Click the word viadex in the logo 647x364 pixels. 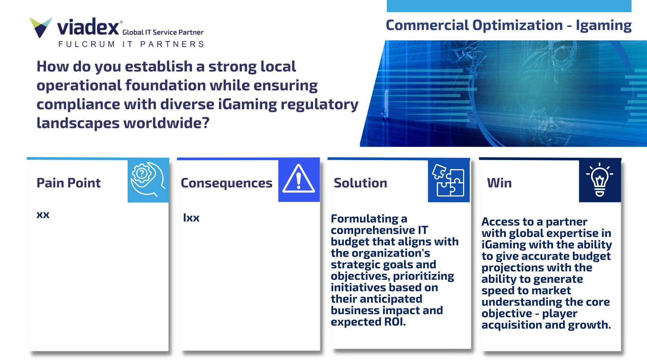(88, 27)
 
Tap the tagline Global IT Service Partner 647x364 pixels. (163, 32)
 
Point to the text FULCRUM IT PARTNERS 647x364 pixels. (131, 44)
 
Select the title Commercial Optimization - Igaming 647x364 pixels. (509, 25)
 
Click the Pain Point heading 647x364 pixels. (68, 183)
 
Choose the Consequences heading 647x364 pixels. (226, 183)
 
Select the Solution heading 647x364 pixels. (360, 183)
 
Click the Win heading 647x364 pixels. (499, 183)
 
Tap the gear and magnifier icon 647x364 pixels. (148, 180)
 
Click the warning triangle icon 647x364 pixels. (299, 179)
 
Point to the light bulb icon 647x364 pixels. (599, 180)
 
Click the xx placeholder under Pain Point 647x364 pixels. (43, 215)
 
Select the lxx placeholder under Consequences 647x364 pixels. (191, 217)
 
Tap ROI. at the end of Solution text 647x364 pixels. (395, 322)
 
